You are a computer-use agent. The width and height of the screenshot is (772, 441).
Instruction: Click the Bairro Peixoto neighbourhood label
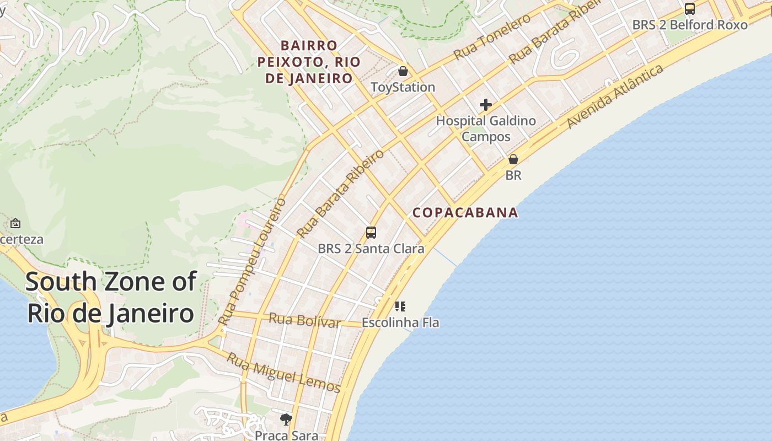(309, 62)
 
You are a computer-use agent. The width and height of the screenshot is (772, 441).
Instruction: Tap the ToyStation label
(403, 87)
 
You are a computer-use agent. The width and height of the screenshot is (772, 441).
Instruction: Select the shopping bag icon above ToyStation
(403, 71)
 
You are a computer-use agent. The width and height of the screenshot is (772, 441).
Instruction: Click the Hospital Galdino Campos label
(486, 128)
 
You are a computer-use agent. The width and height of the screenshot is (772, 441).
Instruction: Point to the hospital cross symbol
(486, 104)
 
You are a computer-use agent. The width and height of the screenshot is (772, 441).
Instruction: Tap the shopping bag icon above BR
(513, 159)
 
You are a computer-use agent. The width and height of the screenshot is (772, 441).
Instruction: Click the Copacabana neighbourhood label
(465, 212)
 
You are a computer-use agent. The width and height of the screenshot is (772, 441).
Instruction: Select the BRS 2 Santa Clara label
(371, 249)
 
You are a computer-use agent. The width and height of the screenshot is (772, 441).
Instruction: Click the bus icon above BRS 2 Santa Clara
(371, 233)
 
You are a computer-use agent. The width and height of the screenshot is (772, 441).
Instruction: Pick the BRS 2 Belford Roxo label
(690, 25)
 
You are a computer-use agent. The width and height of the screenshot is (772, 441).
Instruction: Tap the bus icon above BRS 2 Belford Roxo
(690, 8)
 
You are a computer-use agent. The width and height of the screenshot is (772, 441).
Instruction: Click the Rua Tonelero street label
(492, 37)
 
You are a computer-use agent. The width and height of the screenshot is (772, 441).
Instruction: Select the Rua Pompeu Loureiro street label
(252, 261)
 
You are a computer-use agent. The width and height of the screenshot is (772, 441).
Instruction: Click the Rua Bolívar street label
(305, 320)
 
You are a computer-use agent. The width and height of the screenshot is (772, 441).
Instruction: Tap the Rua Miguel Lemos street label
(285, 373)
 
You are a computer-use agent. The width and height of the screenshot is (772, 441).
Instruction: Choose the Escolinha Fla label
(400, 322)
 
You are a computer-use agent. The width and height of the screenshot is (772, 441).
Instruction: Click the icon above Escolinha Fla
(400, 306)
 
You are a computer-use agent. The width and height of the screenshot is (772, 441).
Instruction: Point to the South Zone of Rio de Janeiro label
(110, 298)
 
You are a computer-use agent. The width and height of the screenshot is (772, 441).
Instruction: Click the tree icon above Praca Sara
(286, 420)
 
